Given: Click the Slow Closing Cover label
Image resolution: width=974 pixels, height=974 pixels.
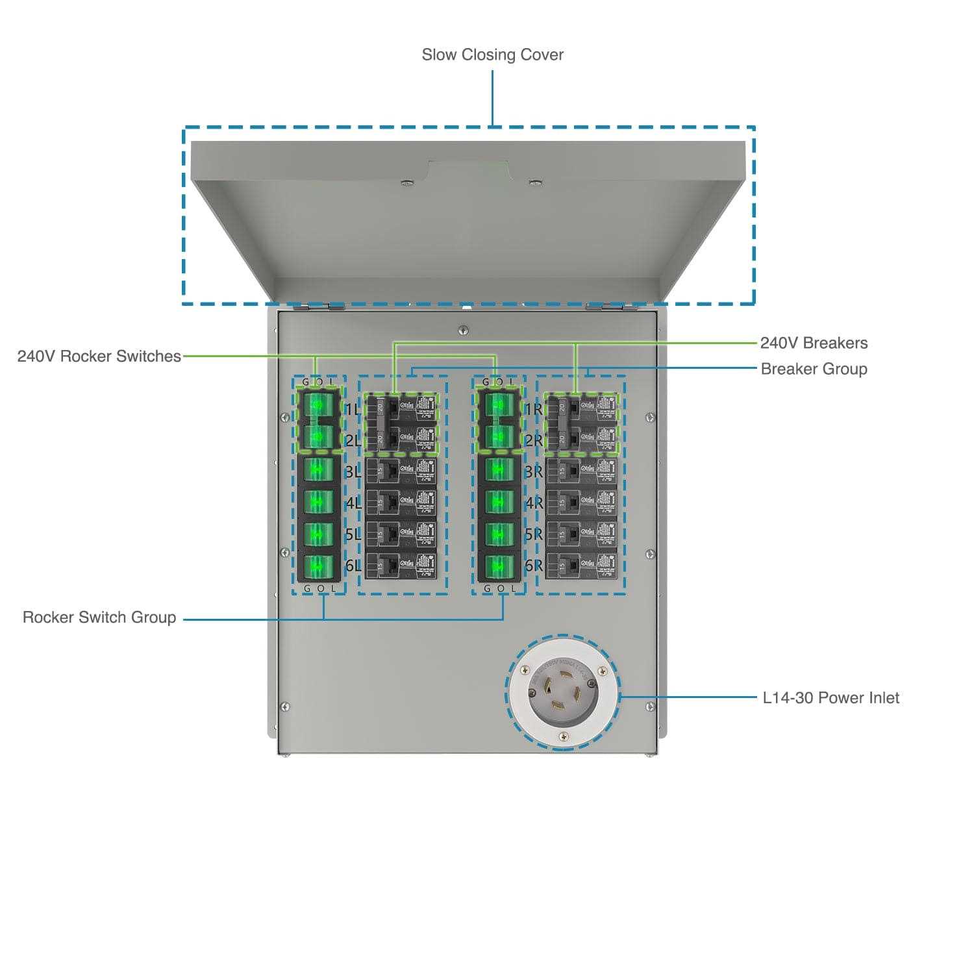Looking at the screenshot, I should [492, 55].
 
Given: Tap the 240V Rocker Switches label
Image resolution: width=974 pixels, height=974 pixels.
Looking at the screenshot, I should [99, 356].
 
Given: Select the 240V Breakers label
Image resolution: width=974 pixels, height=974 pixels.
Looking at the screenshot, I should [814, 343].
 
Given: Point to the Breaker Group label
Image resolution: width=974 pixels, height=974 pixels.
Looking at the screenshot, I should [814, 369].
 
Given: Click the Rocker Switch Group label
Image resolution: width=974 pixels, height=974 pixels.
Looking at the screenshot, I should [99, 617].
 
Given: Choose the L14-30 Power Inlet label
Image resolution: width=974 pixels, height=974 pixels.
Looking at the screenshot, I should [830, 697].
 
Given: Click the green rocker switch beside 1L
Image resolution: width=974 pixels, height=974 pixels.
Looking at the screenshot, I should [318, 405].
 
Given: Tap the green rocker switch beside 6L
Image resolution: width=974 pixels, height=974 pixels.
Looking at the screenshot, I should [318, 566].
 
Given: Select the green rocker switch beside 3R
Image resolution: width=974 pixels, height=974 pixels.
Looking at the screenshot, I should [499, 469].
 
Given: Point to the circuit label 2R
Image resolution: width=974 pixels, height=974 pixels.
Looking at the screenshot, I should [533, 441].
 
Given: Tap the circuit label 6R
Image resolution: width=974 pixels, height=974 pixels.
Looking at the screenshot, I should [533, 566].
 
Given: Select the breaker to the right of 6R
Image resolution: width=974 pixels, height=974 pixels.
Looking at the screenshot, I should [581, 565].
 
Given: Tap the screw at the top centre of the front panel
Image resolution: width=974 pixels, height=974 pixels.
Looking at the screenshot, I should [462, 330].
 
